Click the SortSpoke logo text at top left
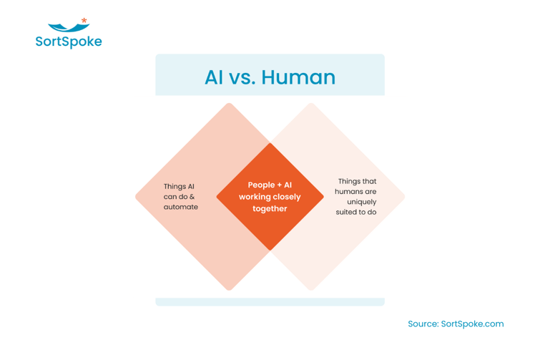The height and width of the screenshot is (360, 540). click(x=69, y=42)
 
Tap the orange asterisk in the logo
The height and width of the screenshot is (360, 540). click(x=84, y=21)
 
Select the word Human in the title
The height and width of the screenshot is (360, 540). click(x=299, y=77)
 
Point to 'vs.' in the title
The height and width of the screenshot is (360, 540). click(x=245, y=77)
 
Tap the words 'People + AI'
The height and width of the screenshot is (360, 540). click(x=270, y=185)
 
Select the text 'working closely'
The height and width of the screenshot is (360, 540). click(x=270, y=197)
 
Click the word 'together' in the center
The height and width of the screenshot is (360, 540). click(x=270, y=209)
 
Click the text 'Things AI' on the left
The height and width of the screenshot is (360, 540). click(x=179, y=187)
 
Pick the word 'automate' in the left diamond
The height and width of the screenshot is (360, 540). click(x=180, y=207)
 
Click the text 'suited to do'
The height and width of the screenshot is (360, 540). click(x=356, y=212)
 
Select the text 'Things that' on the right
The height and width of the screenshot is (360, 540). click(x=356, y=182)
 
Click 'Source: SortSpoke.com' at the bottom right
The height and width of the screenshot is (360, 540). click(x=456, y=323)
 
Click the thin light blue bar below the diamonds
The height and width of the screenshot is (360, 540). click(x=270, y=302)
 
